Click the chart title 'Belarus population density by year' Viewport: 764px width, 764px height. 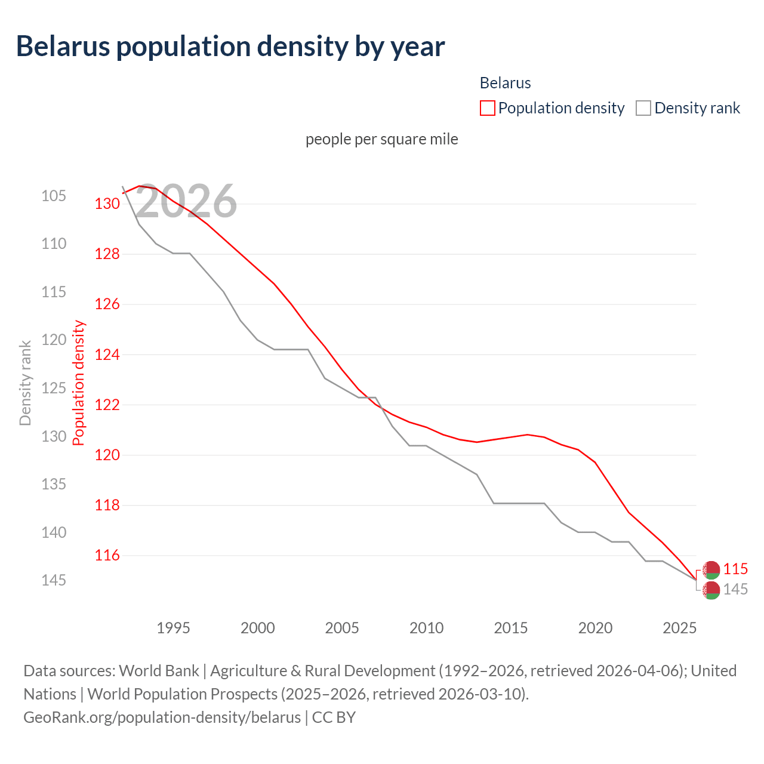(x=230, y=47)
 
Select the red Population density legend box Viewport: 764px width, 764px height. (x=487, y=108)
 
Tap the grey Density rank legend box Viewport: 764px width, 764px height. (x=643, y=108)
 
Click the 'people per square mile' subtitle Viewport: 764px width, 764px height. (x=382, y=139)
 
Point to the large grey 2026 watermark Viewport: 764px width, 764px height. (x=186, y=202)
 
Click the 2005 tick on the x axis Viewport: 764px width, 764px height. (x=342, y=628)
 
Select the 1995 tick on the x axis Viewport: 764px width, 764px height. (x=173, y=628)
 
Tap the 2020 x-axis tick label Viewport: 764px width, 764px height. (x=595, y=628)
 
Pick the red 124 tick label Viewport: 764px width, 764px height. (x=107, y=355)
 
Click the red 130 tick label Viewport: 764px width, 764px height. (x=107, y=204)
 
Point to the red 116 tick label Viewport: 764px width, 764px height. (x=107, y=556)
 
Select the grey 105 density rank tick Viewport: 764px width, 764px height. (x=54, y=196)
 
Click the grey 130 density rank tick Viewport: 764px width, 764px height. (x=54, y=436)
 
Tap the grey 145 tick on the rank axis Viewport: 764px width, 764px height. (x=54, y=580)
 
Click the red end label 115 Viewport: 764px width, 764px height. (x=735, y=569)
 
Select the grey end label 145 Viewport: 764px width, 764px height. (x=735, y=590)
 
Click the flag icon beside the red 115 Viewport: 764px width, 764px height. (x=711, y=570)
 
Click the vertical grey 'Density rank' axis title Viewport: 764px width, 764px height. (x=25, y=383)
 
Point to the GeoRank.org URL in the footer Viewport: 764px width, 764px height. (x=162, y=717)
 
